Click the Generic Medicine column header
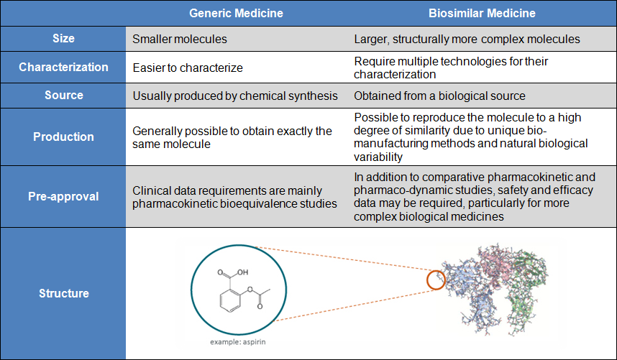pyautogui.click(x=235, y=13)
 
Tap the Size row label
pyautogui.click(x=63, y=39)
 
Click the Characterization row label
pyautogui.click(x=63, y=68)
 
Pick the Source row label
pyautogui.click(x=63, y=96)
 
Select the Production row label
pyautogui.click(x=63, y=137)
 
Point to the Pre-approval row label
pyautogui.click(x=63, y=196)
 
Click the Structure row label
pyautogui.click(x=63, y=293)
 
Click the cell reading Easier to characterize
pyautogui.click(x=188, y=68)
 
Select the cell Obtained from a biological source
pyautogui.click(x=439, y=96)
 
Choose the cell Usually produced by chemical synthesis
pyautogui.click(x=235, y=96)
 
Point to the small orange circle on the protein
pyautogui.click(x=436, y=279)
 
